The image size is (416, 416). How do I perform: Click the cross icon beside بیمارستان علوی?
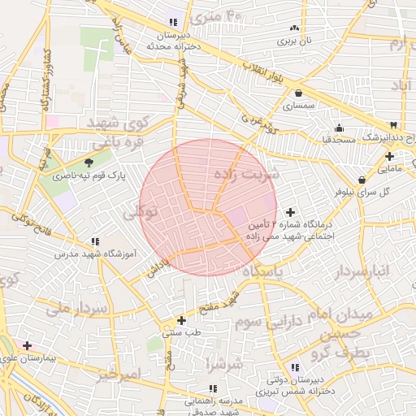pos(28,345)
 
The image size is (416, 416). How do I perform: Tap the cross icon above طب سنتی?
pos(181,320)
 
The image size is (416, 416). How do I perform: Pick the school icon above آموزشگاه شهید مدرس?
pos(96,242)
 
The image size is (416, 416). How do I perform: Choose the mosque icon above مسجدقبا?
pos(339,128)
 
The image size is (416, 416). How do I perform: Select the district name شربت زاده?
pos(246,173)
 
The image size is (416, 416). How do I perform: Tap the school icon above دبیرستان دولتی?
pos(292,367)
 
